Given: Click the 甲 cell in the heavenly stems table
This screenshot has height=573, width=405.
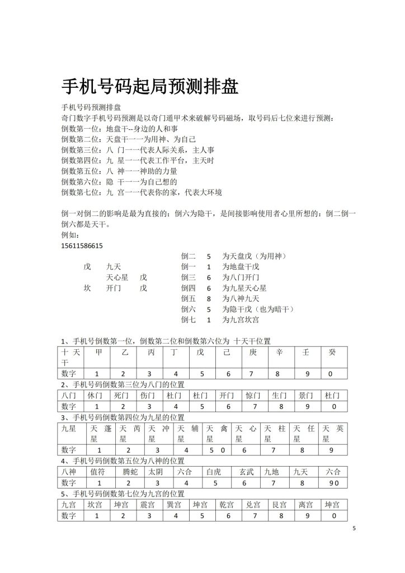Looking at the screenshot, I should (98, 353).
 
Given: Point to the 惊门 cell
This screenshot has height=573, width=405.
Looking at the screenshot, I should (253, 395).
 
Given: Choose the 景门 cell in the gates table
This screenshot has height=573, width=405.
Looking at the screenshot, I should (305, 395).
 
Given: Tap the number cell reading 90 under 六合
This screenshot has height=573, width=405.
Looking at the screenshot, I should (333, 482).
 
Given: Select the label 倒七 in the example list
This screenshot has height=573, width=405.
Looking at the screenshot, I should (189, 320).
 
